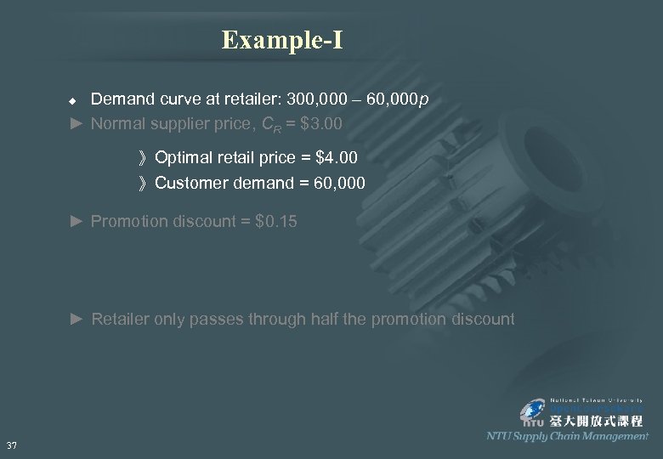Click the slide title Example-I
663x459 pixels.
pos(282,40)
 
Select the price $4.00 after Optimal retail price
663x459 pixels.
pos(336,157)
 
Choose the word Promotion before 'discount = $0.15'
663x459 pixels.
pos(127,222)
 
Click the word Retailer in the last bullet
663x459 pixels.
pos(122,320)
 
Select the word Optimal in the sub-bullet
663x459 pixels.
pos(184,157)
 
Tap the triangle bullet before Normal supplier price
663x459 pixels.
pos(76,124)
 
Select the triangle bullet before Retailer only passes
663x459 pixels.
pos(76,320)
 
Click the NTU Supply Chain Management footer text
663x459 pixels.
pos(567,436)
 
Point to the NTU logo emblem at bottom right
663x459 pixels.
pos(535,413)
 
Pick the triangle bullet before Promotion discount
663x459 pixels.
pos(76,222)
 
